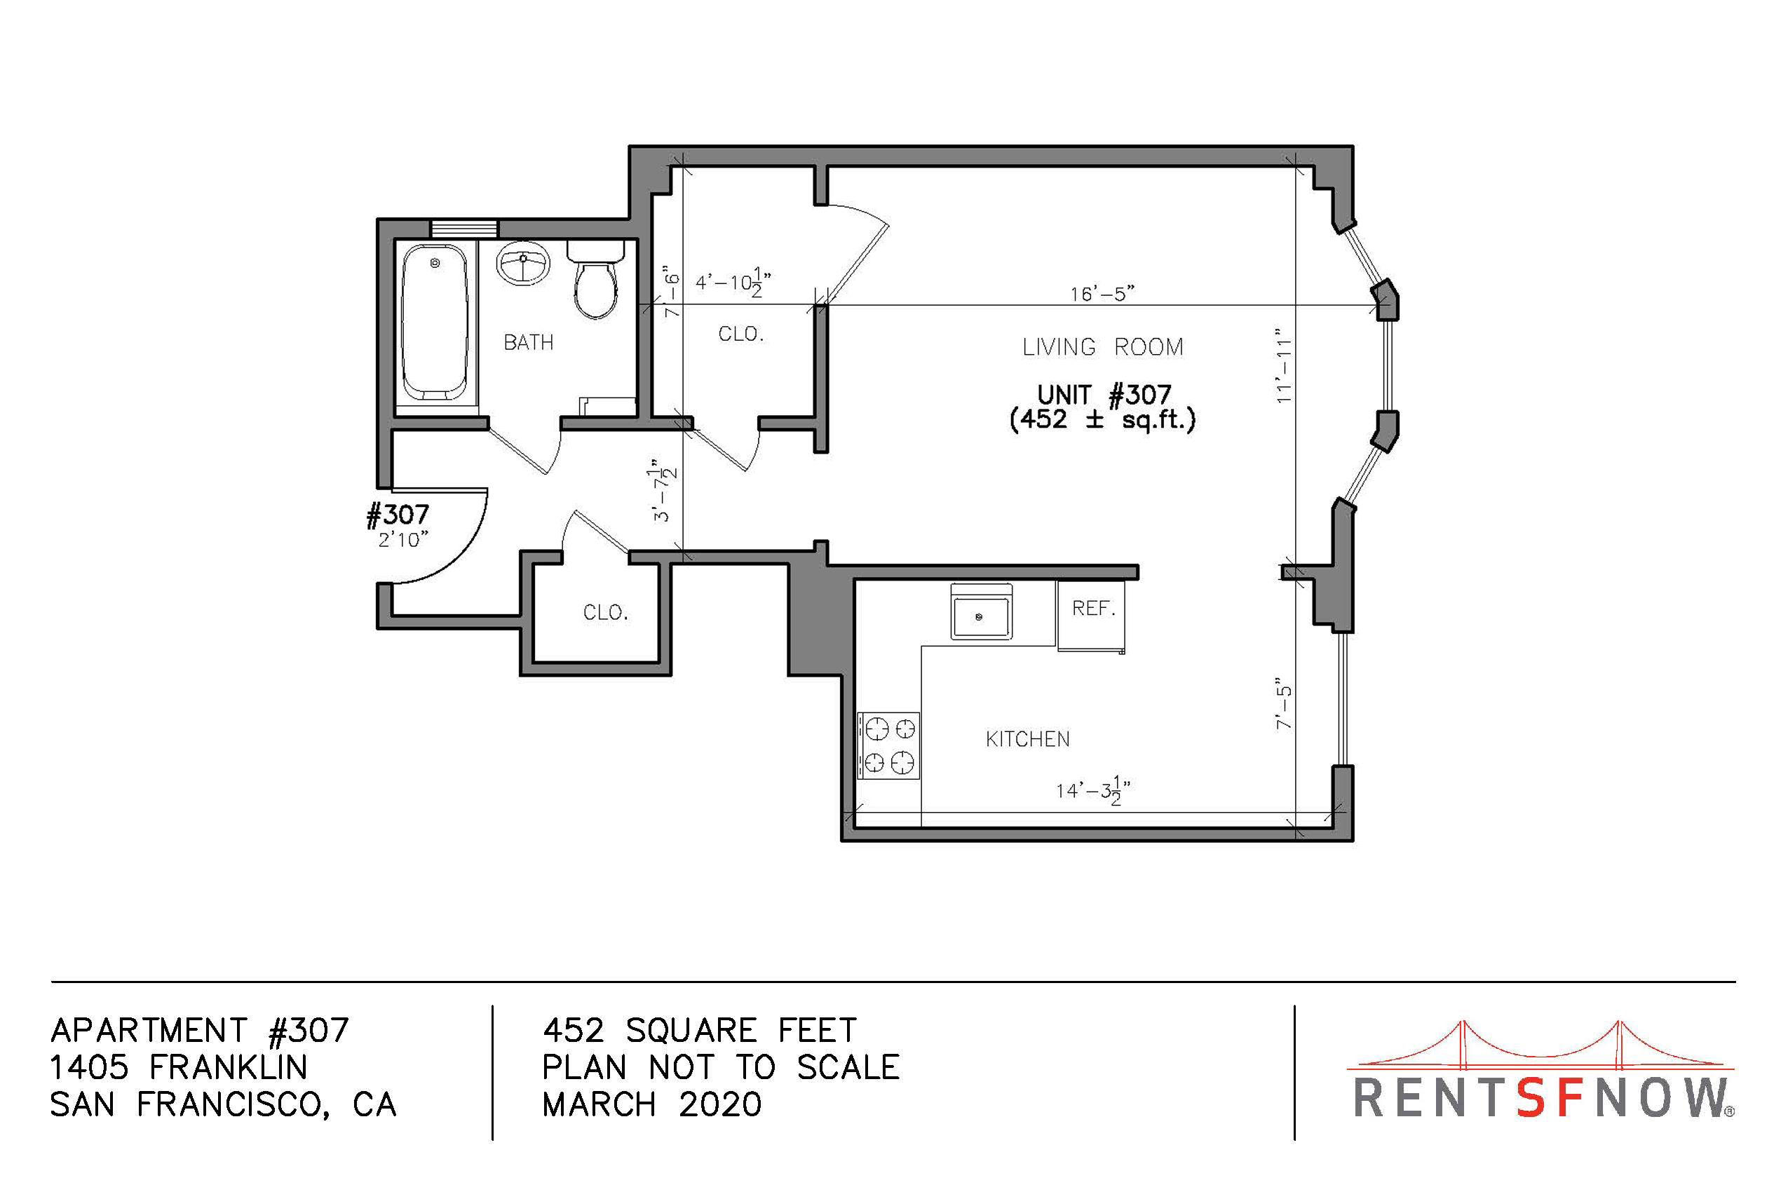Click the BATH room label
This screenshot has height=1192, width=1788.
coord(529,343)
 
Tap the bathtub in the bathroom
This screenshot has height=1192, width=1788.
coord(434,323)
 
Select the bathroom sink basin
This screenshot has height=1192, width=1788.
coord(523,264)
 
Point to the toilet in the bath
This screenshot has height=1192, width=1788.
coord(595,279)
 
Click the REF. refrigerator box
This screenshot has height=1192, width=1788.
coord(1091,615)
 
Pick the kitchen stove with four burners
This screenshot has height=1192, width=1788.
coord(888,746)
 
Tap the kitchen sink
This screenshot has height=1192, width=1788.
coord(982,611)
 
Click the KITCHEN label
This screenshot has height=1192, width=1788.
coord(1028,739)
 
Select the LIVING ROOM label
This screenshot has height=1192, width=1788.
coord(1102,347)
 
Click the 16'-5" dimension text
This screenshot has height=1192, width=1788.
coord(1102,293)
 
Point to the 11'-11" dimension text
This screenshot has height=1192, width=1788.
coord(1284,365)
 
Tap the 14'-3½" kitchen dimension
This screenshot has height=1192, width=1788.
coord(1093,792)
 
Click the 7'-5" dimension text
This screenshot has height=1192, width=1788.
coord(1284,703)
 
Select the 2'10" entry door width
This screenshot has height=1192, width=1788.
coord(403,539)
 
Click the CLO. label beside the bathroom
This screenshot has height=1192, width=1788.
coord(741,334)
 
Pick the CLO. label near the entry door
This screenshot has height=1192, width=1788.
coord(606,613)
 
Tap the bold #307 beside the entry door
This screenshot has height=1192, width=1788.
coord(398,515)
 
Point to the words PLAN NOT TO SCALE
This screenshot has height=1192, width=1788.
coord(721,1067)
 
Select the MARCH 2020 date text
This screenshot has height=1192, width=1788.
coord(651,1104)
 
